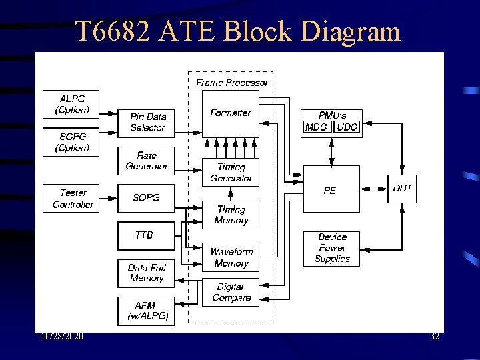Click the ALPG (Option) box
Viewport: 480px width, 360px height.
click(71, 105)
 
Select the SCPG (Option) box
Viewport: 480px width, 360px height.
click(71, 142)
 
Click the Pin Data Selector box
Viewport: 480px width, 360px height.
click(147, 122)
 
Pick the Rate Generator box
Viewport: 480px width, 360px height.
click(147, 161)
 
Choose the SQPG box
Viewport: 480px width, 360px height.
click(147, 198)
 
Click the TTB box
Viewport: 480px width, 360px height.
click(144, 235)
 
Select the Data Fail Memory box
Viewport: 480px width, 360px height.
click(147, 273)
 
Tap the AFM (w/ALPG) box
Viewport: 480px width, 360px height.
click(147, 311)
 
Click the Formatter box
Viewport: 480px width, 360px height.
click(230, 113)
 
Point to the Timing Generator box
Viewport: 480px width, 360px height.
click(231, 173)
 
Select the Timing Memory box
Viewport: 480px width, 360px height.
click(231, 215)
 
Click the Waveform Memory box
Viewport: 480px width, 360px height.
click(231, 257)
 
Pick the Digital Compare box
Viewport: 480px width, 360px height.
click(231, 293)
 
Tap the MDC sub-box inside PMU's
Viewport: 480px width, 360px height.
click(317, 127)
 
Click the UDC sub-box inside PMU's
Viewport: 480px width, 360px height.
click(347, 127)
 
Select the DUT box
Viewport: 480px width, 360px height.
click(402, 189)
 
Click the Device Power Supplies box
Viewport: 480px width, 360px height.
click(331, 248)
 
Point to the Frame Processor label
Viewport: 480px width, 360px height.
click(231, 83)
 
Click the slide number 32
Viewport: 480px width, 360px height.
click(434, 337)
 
